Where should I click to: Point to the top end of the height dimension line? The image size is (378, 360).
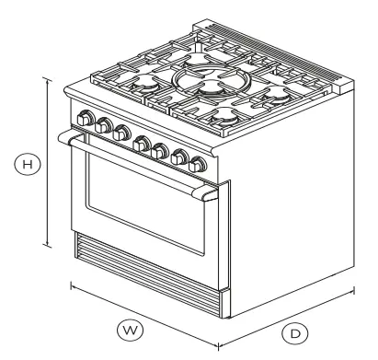[x=47, y=78]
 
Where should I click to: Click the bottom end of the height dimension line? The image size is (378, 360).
[x=47, y=244]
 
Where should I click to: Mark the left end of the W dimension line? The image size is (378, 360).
[x=72, y=285]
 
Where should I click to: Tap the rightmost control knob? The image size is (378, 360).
[x=198, y=166]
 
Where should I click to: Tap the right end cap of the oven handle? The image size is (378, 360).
[x=210, y=193]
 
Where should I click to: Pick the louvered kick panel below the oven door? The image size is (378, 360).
[x=147, y=273]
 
